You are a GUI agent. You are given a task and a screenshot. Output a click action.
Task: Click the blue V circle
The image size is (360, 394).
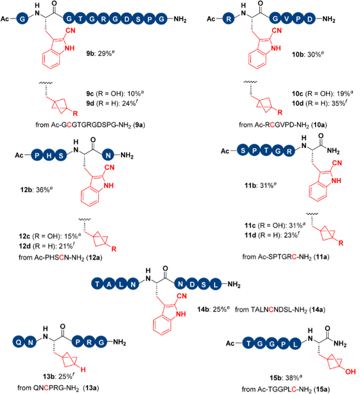click(287, 19)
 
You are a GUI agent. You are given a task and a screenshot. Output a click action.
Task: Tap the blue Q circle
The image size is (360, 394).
click(19, 342)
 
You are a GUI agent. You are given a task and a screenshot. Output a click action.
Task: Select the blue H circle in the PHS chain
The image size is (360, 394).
click(49, 156)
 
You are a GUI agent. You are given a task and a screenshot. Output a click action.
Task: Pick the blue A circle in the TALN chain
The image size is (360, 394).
click(109, 284)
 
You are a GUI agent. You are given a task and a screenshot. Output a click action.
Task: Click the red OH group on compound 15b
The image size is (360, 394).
click(350, 372)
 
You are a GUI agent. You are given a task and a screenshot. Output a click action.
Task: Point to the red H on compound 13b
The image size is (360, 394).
click(83, 370)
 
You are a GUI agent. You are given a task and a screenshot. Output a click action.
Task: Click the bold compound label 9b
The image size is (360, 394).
click(90, 54)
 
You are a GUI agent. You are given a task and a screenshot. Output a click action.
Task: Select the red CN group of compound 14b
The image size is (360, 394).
click(182, 296)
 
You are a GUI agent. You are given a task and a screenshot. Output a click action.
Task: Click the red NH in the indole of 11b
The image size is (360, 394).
click(336, 180)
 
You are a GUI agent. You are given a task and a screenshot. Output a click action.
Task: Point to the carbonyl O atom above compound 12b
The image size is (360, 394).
click(93, 140)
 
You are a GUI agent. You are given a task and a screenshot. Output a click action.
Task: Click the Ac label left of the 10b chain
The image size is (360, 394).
click(211, 19)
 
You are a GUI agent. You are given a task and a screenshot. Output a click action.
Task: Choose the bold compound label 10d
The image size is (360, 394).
click(298, 103)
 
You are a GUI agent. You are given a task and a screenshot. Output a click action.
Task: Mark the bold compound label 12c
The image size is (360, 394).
click(24, 236)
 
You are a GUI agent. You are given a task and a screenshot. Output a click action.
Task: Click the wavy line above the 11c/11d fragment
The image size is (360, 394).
click(312, 214)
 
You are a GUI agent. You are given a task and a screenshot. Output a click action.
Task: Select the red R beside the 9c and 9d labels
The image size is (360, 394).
click(75, 113)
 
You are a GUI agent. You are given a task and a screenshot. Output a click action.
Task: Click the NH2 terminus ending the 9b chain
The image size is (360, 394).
click(180, 19)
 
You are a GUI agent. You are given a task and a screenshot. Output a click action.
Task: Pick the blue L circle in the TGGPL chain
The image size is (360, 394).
click(295, 343)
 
